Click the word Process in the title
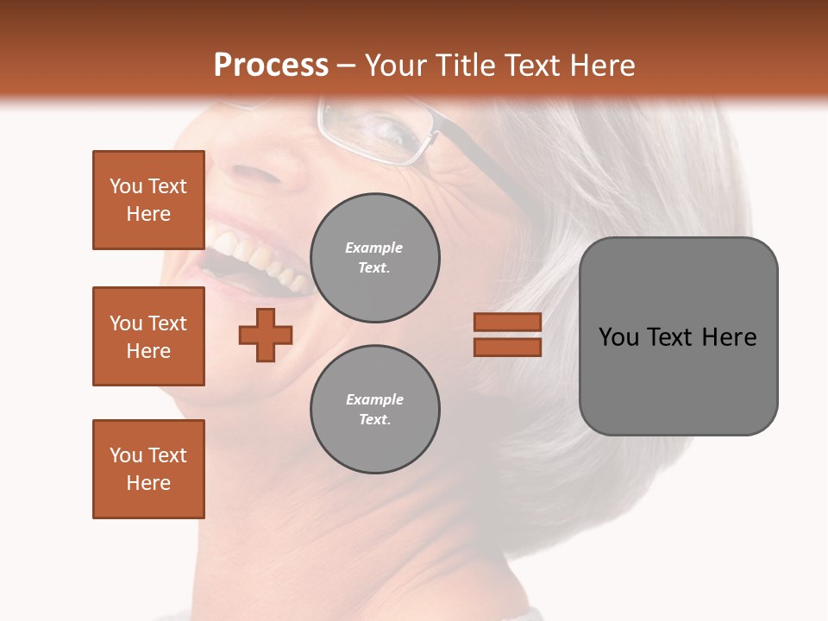click(x=270, y=66)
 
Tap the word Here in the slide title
click(x=600, y=66)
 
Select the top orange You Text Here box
click(x=148, y=200)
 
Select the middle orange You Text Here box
click(x=148, y=336)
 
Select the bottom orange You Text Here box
click(x=148, y=469)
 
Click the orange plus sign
click(x=266, y=335)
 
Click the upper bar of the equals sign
click(x=507, y=322)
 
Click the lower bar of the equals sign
click(x=507, y=347)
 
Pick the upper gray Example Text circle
click(x=374, y=258)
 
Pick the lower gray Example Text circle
click(x=374, y=410)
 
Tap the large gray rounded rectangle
click(x=678, y=379)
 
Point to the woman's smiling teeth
click(x=254, y=254)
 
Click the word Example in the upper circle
click(x=374, y=248)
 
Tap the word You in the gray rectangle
click(x=619, y=337)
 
